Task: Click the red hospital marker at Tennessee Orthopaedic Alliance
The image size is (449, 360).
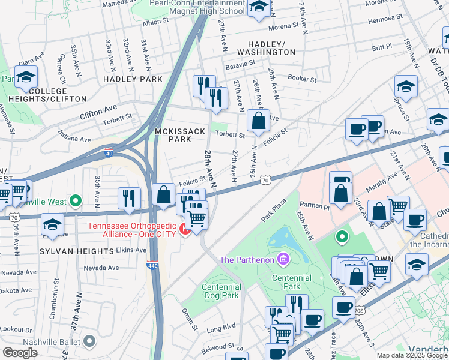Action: click(185, 229)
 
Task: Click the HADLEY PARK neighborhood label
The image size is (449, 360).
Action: click(133, 79)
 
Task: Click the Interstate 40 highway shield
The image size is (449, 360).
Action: click(109, 153)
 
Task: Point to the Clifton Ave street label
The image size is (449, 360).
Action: click(99, 110)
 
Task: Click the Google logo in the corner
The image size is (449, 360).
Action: click(20, 353)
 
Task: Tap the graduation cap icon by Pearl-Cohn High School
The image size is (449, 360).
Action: click(259, 7)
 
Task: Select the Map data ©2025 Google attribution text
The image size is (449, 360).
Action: click(411, 355)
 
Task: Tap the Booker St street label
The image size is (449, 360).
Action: click(301, 79)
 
